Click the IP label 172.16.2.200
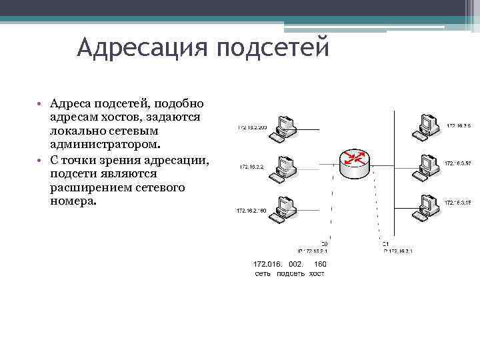(x=252, y=127)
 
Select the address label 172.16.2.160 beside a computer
(x=251, y=211)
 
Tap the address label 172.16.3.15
(x=458, y=203)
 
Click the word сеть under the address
(x=263, y=274)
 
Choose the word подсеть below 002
(x=291, y=274)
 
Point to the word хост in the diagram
(x=316, y=274)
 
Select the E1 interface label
(x=386, y=243)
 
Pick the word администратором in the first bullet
(x=105, y=143)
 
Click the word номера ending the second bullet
(x=73, y=200)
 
